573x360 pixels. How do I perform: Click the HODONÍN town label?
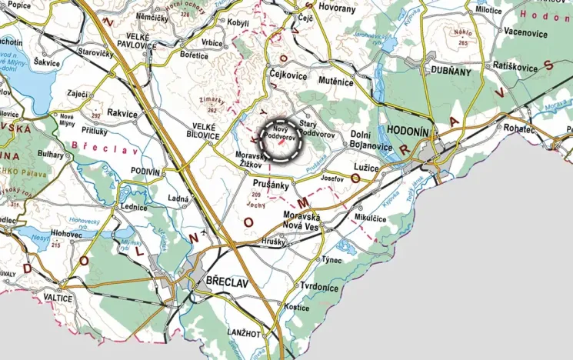click(408, 132)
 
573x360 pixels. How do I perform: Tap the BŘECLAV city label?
click(228, 282)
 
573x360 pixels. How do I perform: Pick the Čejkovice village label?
click(289, 76)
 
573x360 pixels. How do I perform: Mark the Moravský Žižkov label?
click(250, 159)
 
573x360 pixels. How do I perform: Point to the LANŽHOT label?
click(245, 332)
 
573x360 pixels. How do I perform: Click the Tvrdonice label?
click(318, 287)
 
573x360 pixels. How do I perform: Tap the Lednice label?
click(133, 207)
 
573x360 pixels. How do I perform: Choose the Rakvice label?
click(123, 113)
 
